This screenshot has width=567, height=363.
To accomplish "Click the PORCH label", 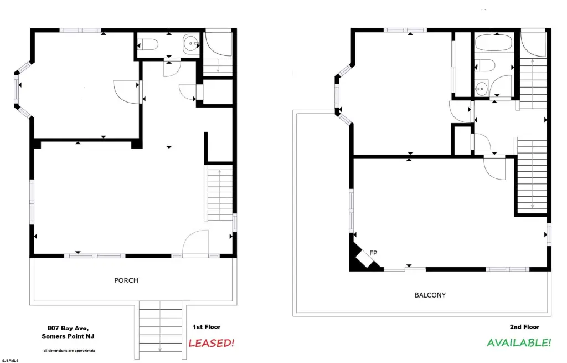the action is [126, 280].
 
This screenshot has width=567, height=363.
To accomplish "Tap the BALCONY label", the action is [430, 295].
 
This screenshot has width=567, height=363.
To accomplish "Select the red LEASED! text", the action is [212, 343].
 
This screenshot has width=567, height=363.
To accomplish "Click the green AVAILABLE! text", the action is [519, 342].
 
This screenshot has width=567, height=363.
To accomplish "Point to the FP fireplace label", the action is [373, 253].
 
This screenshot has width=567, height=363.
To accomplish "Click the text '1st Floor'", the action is [207, 327].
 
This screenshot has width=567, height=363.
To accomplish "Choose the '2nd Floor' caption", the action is [524, 327].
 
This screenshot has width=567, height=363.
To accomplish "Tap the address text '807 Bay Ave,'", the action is [68, 328].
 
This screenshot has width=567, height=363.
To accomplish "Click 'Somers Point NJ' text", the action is [68, 336].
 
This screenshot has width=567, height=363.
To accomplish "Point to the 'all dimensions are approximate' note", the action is [69, 351].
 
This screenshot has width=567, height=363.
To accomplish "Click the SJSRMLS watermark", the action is [10, 360].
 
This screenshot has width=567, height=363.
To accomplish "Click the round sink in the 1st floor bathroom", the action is [191, 44].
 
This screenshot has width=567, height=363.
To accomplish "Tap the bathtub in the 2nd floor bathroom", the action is [494, 43].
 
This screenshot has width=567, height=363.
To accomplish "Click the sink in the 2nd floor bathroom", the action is [481, 88].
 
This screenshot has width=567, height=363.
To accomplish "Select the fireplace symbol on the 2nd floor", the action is [365, 258].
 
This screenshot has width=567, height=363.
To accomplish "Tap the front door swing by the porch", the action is [195, 243].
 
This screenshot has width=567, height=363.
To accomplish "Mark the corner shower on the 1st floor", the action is [218, 43].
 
